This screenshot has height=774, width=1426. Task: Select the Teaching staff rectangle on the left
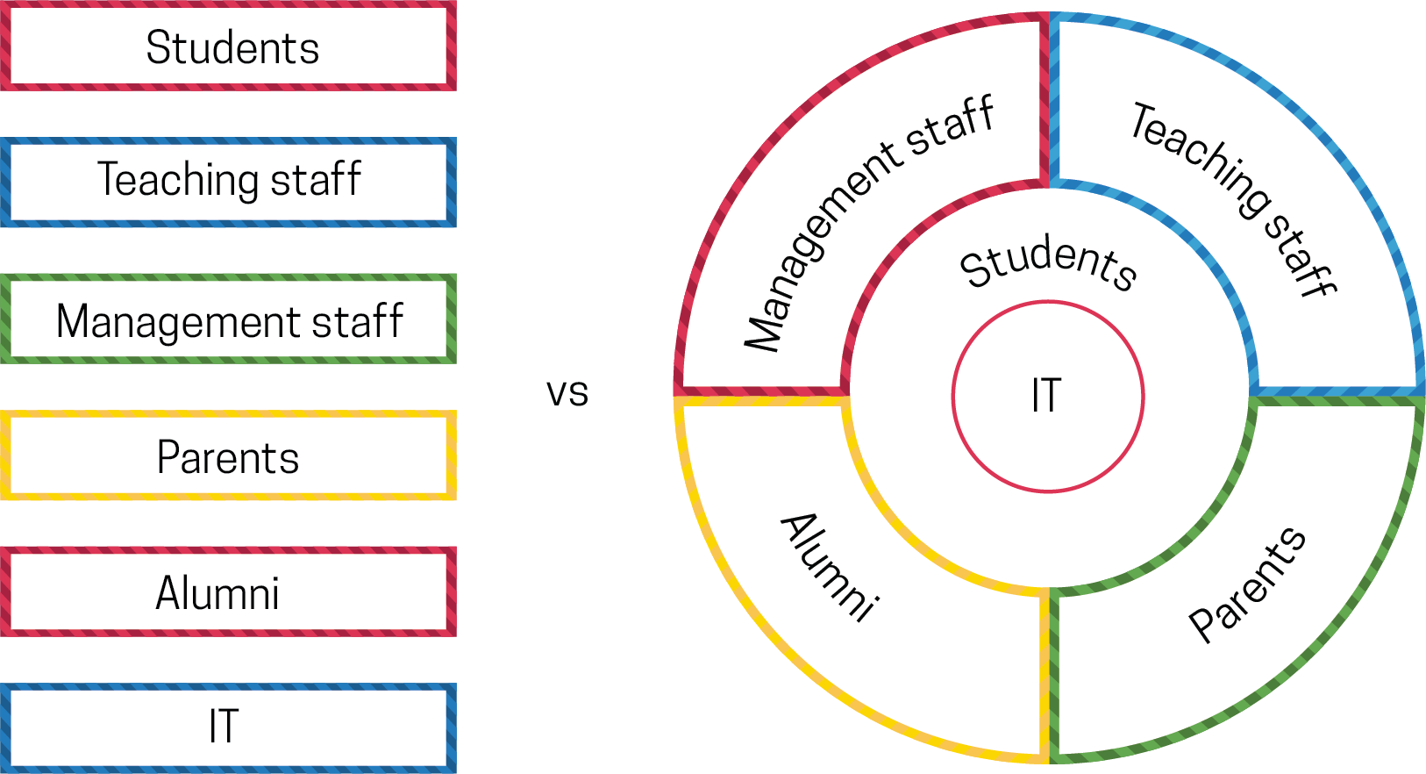tap(228, 181)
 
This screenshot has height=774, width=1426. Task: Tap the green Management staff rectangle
tap(228, 320)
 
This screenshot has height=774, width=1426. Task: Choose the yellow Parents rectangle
tap(228, 456)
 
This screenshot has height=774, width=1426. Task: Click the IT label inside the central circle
tap(1046, 396)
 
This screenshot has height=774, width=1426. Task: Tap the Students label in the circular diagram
tap(1048, 263)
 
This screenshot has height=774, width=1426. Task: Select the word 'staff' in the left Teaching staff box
tap(316, 180)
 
